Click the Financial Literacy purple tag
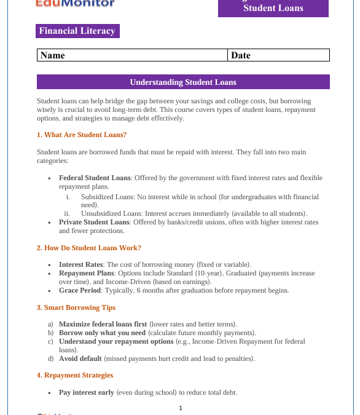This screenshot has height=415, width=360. (x=77, y=31)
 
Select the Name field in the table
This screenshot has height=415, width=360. (x=132, y=55)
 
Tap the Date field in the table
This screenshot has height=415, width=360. (x=278, y=55)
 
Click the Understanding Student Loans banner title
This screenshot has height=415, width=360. (x=183, y=82)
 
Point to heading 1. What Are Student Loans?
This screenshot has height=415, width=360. (x=82, y=135)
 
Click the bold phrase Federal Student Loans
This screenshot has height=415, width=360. (x=95, y=178)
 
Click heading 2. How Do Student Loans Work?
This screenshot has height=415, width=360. (x=88, y=248)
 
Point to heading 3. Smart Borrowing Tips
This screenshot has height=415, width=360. (x=76, y=307)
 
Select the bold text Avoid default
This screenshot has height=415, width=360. (x=80, y=358)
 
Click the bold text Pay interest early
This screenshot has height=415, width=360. (x=87, y=392)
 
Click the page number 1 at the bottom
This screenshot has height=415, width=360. (x=181, y=408)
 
